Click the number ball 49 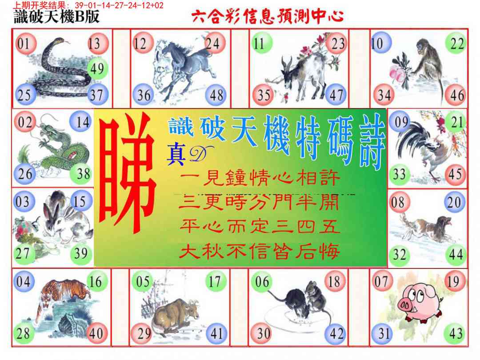click(x=96, y=69)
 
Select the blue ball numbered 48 click(x=216, y=95)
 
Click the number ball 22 click(x=456, y=44)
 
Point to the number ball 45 click(x=456, y=174)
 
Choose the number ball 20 click(x=455, y=203)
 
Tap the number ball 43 click(x=455, y=333)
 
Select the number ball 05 click(x=143, y=282)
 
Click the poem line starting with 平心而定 click(x=260, y=228)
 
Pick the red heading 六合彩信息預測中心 click(x=267, y=17)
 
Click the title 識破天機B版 click(x=57, y=17)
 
